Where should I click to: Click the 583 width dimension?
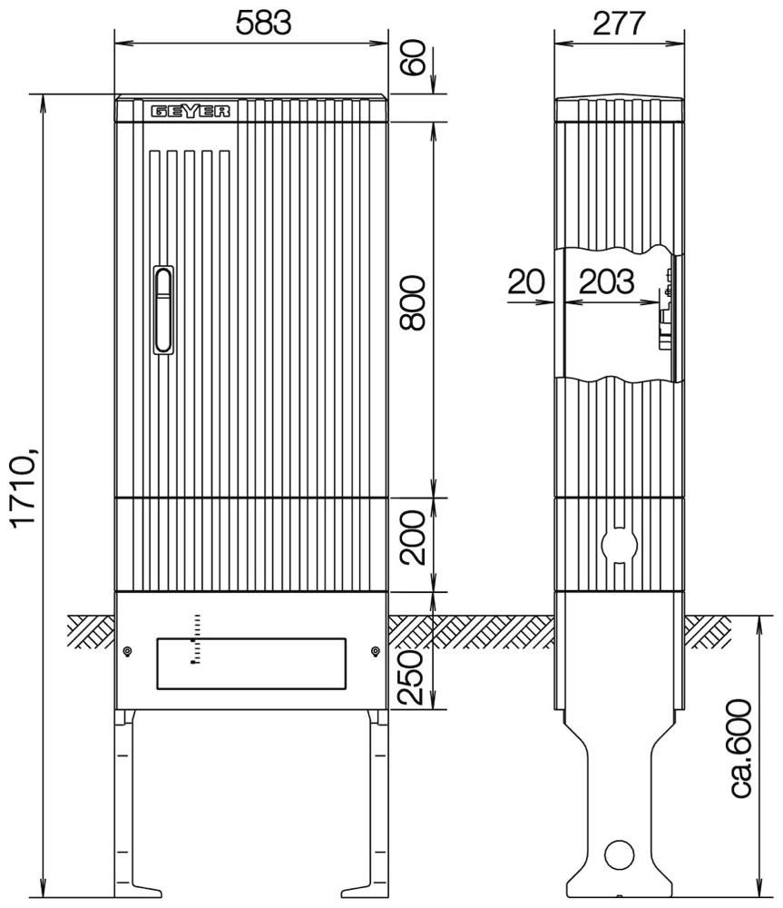coord(263,24)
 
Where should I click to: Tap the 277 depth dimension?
coord(619,24)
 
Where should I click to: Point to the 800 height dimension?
coord(412,303)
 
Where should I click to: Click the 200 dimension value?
coord(412,538)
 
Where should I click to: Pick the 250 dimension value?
coord(412,677)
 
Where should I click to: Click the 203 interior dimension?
coord(606,282)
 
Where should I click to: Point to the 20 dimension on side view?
coord(526,282)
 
